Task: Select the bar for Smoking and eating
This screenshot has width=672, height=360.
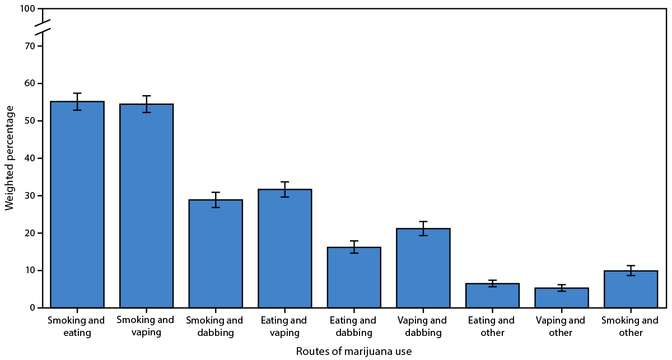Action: (x=77, y=204)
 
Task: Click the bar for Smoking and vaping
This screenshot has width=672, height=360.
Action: (x=146, y=206)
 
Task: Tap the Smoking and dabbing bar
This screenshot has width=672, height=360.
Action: (x=216, y=254)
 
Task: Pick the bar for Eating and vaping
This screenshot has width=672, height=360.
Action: (x=284, y=249)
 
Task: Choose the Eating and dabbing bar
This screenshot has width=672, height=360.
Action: (x=354, y=278)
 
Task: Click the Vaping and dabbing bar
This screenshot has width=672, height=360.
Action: (x=423, y=268)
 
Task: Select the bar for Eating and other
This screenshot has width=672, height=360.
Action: (x=492, y=296)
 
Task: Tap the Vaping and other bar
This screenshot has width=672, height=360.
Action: (x=562, y=298)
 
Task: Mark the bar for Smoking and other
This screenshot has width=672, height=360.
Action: (x=631, y=289)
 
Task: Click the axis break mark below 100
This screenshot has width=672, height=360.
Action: (x=43, y=25)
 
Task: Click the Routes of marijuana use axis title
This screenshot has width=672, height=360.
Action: (x=354, y=351)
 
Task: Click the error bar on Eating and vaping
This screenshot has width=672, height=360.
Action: (x=284, y=189)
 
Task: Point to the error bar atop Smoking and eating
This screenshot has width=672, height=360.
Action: (x=77, y=101)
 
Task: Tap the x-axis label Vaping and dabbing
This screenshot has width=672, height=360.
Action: (x=423, y=327)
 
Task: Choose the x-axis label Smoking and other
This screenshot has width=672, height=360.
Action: (x=631, y=327)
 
